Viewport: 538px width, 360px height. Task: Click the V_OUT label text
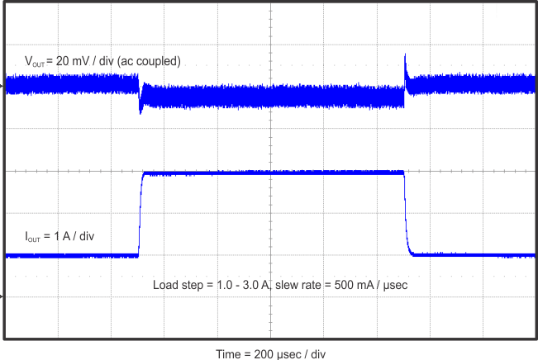point(36,62)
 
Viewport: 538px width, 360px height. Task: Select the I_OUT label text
point(35,237)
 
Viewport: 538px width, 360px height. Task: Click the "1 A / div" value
point(74,236)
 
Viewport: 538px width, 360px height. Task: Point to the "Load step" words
point(176,285)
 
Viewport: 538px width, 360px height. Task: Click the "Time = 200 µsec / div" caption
point(271,353)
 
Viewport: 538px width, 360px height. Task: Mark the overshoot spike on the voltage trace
point(405,59)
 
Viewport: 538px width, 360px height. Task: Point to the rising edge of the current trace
point(140,215)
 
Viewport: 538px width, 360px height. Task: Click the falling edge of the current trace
point(406,215)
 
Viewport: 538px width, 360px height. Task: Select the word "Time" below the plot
point(228,353)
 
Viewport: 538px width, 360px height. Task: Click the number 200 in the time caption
point(264,353)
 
